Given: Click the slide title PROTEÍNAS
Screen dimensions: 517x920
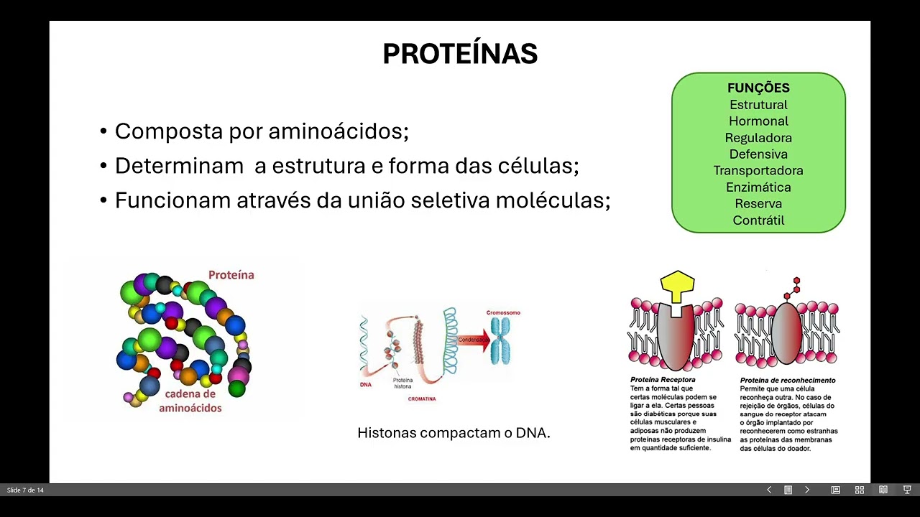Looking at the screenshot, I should point(460,55).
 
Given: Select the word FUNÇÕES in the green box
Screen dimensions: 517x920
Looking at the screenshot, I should point(758,88).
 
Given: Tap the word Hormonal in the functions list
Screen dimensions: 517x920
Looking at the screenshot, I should point(758,121).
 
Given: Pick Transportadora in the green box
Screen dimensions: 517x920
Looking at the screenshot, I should point(758,171).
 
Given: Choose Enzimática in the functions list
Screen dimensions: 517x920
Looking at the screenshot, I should point(758,187).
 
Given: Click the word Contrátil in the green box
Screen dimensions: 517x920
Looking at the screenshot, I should point(758,220).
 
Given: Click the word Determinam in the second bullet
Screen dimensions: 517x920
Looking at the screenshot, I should point(179,166).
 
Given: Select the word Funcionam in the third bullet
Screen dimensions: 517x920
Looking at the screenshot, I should point(172,200).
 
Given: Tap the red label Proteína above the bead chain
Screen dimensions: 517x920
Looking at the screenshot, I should point(231,275).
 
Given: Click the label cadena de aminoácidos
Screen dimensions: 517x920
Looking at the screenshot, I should point(190,401).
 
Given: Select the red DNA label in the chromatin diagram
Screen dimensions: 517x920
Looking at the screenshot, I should point(365,385).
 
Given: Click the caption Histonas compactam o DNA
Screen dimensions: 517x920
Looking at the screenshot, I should point(454,433).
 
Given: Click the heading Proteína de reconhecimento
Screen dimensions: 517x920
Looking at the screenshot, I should point(788,380).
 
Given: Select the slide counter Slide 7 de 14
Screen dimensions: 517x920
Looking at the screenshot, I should point(25,490).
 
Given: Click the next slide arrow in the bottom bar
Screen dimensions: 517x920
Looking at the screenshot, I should point(806,490).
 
